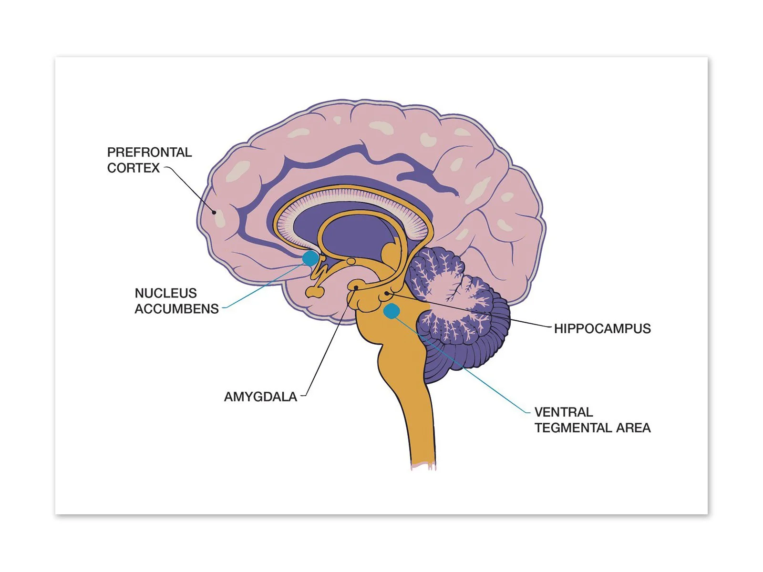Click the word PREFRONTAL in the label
pyautogui.click(x=149, y=152)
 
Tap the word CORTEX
pyautogui.click(x=133, y=168)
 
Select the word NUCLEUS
pyautogui.click(x=165, y=293)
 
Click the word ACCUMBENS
pyautogui.click(x=176, y=309)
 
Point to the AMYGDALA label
pyautogui.click(x=260, y=397)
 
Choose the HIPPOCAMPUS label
pyautogui.click(x=602, y=328)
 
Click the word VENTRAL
pyautogui.click(x=563, y=412)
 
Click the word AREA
pyautogui.click(x=633, y=428)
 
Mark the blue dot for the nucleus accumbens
pyautogui.click(x=310, y=258)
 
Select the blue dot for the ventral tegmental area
pyautogui.click(x=392, y=311)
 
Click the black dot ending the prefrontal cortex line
pyautogui.click(x=214, y=212)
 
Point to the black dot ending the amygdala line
pyautogui.click(x=356, y=288)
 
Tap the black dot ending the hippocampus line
pyautogui.click(x=386, y=293)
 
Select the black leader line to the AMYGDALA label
pyautogui.click(x=329, y=343)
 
